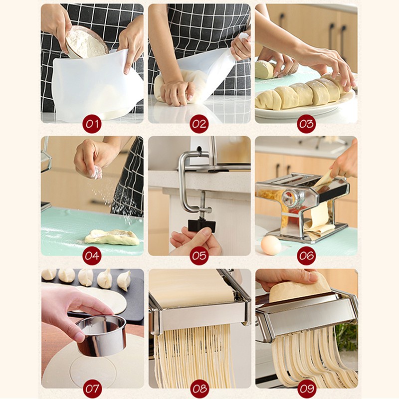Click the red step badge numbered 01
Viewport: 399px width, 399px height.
(x=92, y=124)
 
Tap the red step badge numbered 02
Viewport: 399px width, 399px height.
(x=199, y=124)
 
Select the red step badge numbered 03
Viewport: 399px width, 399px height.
(x=306, y=124)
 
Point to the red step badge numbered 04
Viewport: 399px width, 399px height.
(x=92, y=256)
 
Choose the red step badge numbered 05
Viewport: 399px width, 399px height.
(x=199, y=256)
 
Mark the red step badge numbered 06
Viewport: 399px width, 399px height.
(x=306, y=256)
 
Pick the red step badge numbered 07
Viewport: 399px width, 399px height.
(x=92, y=389)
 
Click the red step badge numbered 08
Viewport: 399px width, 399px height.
(x=199, y=389)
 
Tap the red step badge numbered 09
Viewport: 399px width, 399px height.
(x=306, y=389)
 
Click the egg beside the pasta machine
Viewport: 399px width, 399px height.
(x=271, y=245)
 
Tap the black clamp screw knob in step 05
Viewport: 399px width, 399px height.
(x=202, y=226)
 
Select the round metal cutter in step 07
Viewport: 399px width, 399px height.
(x=102, y=335)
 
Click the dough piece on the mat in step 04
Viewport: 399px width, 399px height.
(x=112, y=237)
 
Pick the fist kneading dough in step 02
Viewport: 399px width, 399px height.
(x=178, y=93)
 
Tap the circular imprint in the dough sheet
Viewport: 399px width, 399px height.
(x=93, y=372)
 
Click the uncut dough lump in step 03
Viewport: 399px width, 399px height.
(x=265, y=69)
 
